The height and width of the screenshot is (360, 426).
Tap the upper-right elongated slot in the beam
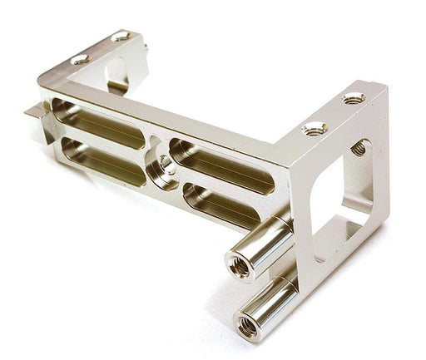(220, 161)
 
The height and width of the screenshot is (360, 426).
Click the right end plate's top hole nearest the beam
(314, 128)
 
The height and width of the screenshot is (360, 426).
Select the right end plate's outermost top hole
(354, 98)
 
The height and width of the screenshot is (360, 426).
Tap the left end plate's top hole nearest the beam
(80, 60)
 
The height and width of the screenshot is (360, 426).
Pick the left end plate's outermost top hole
(121, 37)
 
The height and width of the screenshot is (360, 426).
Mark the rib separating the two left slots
(100, 143)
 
